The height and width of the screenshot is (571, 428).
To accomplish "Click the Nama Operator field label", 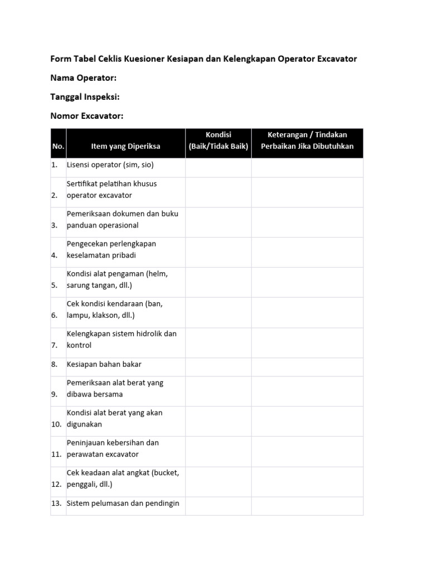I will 84,78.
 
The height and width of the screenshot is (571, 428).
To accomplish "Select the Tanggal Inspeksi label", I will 85,97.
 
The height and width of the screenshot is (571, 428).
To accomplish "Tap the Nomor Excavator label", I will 86,116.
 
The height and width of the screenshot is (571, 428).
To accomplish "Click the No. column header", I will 58,146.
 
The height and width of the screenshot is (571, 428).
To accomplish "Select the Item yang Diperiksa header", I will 125,146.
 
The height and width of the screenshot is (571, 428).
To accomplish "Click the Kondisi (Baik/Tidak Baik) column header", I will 218,141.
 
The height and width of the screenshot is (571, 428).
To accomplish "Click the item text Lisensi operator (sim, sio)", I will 110,165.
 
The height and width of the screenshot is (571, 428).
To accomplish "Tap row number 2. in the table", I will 55,195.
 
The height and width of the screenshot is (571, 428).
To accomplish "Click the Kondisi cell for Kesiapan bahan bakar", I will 218,364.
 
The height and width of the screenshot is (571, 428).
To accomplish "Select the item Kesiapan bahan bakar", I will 104,364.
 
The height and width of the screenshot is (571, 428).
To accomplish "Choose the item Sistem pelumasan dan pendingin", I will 123,503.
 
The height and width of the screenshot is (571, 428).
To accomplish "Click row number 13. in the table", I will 56,504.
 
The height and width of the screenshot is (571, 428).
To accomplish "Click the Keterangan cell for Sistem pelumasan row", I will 307,505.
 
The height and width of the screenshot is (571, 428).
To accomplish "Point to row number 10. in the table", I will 56,424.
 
